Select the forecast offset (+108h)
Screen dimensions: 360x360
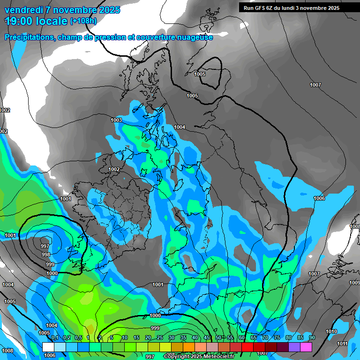coord(84,21)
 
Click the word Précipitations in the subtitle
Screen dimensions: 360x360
coord(28,37)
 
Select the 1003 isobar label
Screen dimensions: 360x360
coord(116,120)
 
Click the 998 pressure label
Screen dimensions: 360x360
coord(46,255)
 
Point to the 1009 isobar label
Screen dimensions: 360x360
coord(354,283)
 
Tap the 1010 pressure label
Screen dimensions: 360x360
coord(331,331)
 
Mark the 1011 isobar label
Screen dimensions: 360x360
coord(342,344)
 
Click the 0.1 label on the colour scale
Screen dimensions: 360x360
coord(55,338)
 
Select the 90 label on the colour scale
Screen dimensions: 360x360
coord(312,338)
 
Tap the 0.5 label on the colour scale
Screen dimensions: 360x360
coord(78,338)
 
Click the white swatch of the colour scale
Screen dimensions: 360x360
coord(48,347)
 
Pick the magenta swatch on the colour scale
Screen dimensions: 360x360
coord(306,347)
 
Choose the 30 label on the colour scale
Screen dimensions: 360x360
coord(172,338)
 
